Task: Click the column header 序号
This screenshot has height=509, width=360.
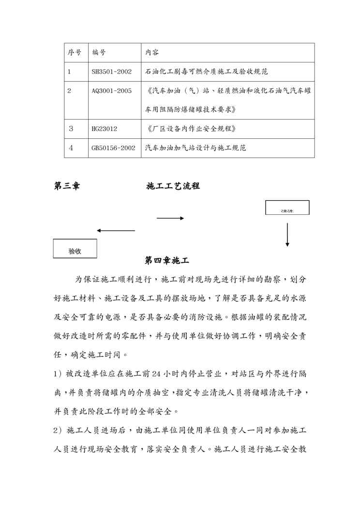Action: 74,52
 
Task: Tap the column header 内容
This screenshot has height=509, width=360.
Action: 152,52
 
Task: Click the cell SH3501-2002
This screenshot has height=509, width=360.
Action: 112,72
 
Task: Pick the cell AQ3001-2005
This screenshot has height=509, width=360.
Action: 112,90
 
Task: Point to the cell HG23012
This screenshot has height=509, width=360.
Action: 105,129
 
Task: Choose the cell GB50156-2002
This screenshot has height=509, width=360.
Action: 113,148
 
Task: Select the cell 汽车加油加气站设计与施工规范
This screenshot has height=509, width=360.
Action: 196,148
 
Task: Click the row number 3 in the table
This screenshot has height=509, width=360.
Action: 71,129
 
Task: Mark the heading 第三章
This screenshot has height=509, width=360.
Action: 67,186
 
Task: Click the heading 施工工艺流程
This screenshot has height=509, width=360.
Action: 173,186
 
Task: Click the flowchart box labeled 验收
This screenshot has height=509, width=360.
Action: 75,250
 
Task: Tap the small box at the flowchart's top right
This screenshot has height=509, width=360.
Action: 287,208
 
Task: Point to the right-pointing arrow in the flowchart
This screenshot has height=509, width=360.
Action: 170,218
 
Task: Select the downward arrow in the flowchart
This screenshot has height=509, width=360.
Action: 287,235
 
